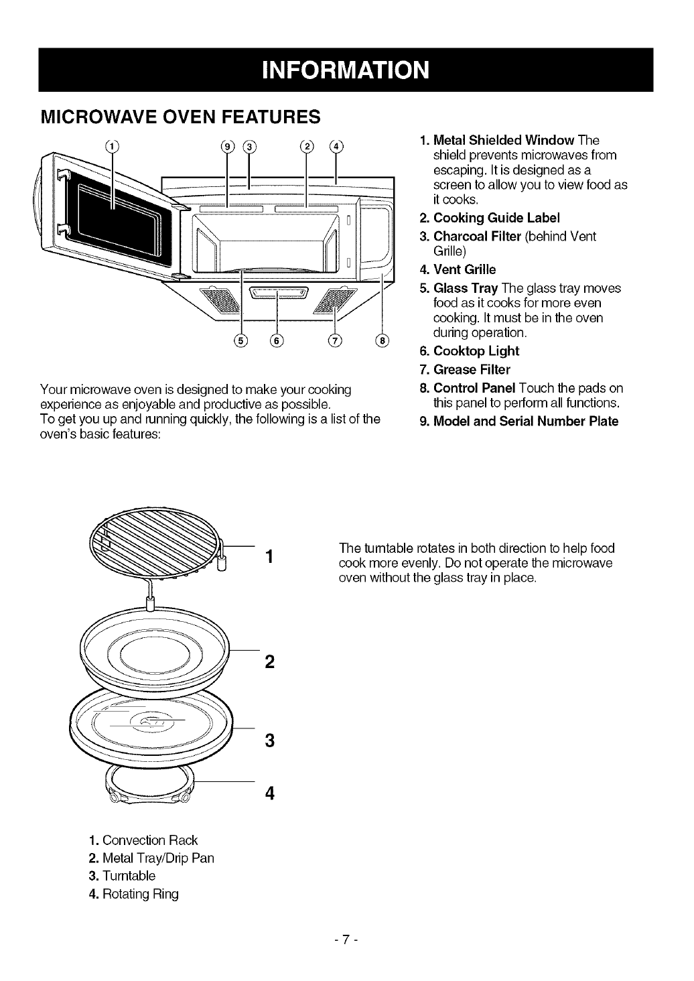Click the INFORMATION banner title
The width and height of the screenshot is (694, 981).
[345, 70]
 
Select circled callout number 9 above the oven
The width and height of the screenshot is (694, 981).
[228, 147]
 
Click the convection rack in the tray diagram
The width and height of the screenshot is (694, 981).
[161, 536]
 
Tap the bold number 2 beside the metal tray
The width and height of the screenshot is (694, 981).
[269, 662]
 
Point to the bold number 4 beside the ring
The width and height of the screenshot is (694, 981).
[269, 793]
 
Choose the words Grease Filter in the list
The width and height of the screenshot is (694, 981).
[472, 369]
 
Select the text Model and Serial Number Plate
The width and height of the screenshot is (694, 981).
[526, 421]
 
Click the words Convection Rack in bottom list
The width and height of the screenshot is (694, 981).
[150, 840]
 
